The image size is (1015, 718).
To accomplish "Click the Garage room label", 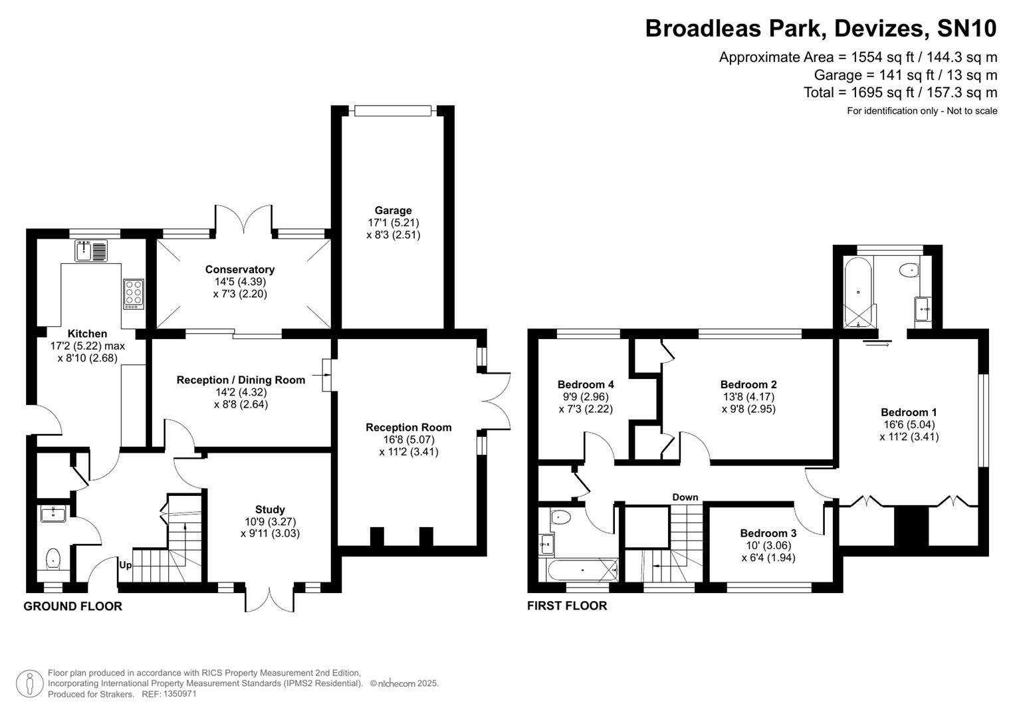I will (x=393, y=211).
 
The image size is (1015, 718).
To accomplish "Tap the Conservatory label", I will (x=239, y=269).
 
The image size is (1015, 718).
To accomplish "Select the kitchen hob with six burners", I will (x=133, y=293).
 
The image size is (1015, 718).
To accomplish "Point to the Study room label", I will (x=270, y=510).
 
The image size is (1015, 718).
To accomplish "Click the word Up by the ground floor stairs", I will (x=125, y=565).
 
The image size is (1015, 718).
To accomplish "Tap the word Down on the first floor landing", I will (x=685, y=497).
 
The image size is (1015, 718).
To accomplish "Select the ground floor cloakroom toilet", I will (x=53, y=558).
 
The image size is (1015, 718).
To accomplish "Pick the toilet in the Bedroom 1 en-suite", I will (x=909, y=271).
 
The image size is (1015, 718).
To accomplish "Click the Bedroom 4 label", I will (x=585, y=384).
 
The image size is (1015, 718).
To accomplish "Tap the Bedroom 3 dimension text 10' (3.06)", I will (x=768, y=545).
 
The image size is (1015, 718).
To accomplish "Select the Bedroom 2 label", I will (x=748, y=384).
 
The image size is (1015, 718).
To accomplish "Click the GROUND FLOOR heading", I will (x=72, y=606).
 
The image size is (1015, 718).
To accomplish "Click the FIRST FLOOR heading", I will (x=567, y=606).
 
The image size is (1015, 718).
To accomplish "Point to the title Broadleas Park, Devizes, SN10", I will (x=821, y=29).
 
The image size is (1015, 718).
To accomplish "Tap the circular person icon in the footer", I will (x=29, y=683).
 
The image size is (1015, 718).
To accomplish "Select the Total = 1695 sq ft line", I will (x=900, y=92).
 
